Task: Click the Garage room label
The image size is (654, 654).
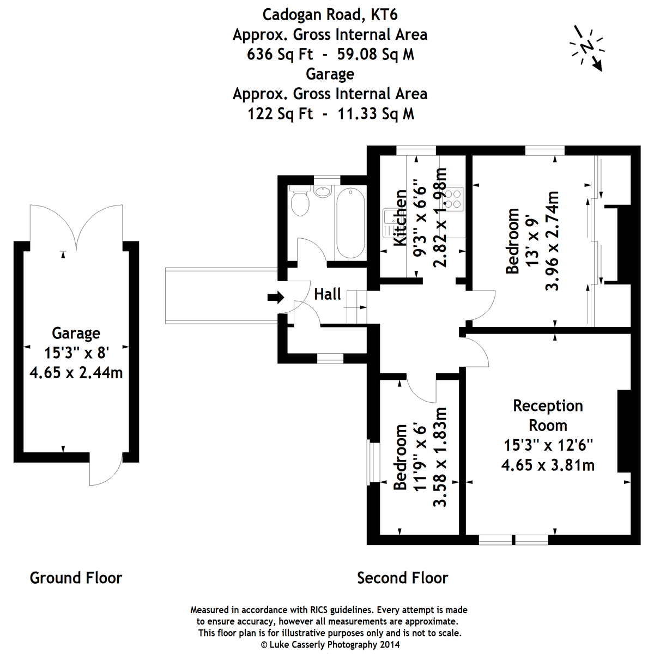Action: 76,333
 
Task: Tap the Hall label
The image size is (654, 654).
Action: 328,294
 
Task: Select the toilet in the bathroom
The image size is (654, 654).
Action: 300,202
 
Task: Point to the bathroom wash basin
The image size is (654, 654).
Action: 323,191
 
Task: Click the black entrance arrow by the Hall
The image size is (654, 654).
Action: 276,297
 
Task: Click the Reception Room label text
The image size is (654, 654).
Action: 548,415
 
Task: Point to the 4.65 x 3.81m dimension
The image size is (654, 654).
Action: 548,465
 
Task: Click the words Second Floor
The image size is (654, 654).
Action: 402,578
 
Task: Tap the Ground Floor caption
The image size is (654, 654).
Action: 76,578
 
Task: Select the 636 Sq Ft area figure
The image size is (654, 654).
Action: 280,55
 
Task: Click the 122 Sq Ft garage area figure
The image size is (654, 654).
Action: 280,113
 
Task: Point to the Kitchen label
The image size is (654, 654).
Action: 401,217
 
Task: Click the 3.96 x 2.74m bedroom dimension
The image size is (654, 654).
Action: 552,240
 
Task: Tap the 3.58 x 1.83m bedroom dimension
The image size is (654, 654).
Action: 439,457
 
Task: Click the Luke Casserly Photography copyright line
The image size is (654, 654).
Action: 330,644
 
